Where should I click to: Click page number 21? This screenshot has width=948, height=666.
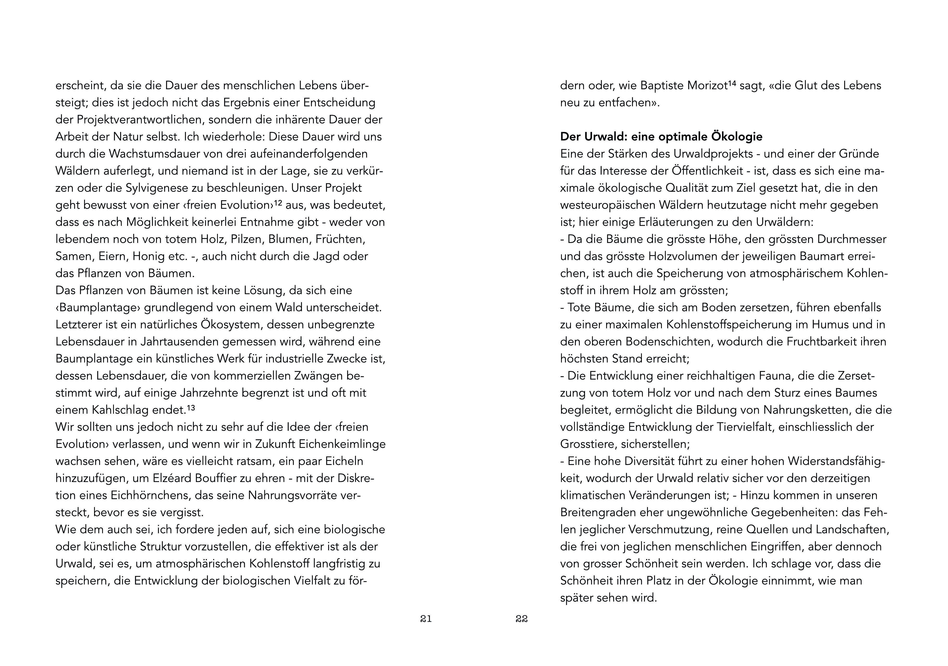(426, 619)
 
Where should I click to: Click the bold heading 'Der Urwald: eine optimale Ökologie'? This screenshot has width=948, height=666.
(661, 136)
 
